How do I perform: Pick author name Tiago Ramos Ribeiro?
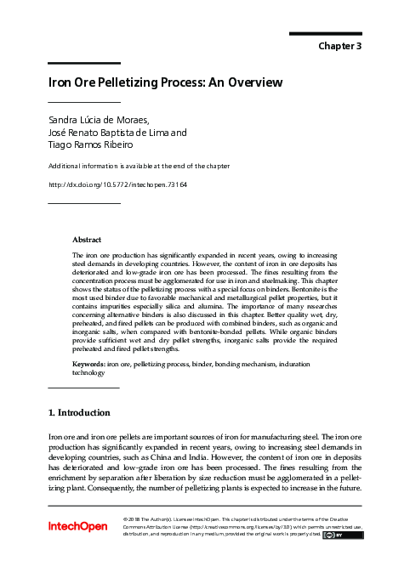[91, 145]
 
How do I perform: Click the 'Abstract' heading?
[88, 241]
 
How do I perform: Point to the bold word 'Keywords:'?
[89, 365]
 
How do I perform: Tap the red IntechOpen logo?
[77, 526]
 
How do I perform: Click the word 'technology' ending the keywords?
[88, 373]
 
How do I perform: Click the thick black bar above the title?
[83, 63]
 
